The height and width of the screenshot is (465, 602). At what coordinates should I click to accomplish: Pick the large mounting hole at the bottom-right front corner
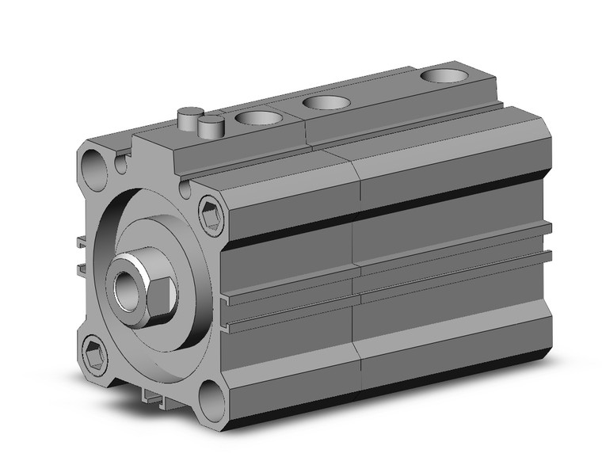[210, 395]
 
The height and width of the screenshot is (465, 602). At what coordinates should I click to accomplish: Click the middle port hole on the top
[326, 102]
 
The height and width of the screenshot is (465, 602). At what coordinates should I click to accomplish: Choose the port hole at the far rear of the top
[443, 76]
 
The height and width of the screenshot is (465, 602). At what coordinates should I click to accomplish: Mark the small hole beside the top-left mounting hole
[120, 165]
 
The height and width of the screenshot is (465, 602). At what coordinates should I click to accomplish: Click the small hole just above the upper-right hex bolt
[186, 189]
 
